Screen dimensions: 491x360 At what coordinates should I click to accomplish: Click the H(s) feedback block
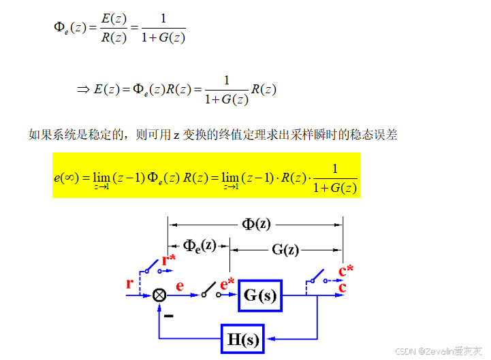pyautogui.click(x=243, y=338)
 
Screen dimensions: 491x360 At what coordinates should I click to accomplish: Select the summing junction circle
pyautogui.click(x=159, y=295)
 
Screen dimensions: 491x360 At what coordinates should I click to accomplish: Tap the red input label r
pyautogui.click(x=129, y=283)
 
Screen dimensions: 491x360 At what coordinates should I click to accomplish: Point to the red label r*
pyautogui.click(x=169, y=260)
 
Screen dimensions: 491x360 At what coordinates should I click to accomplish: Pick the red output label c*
pyautogui.click(x=346, y=270)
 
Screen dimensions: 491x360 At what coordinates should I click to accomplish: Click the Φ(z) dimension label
pyautogui.click(x=256, y=224)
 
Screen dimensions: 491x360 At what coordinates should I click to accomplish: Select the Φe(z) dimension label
pyautogui.click(x=200, y=245)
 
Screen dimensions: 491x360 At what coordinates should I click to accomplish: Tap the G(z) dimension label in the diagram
pyautogui.click(x=285, y=249)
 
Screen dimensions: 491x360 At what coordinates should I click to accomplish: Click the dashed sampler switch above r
pyautogui.click(x=151, y=267)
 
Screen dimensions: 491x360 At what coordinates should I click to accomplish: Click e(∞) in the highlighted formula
pyautogui.click(x=67, y=178)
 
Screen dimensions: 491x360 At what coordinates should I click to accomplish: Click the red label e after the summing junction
pyautogui.click(x=180, y=286)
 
